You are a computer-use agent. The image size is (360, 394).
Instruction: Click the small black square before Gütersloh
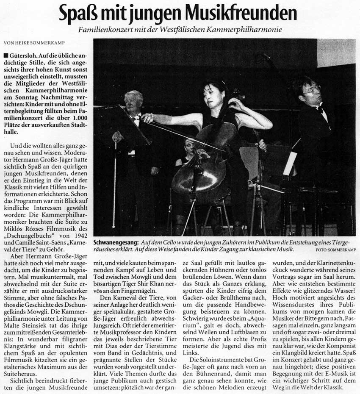(x=5, y=55)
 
